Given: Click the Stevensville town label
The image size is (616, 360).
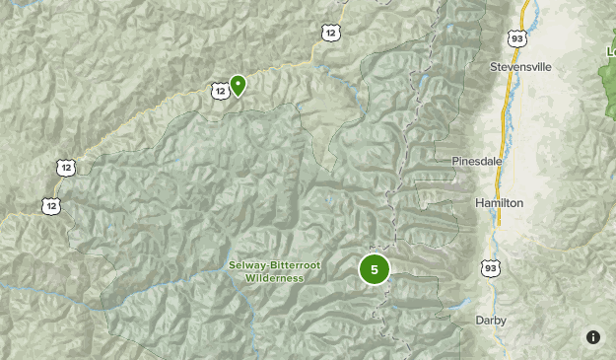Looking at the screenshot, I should (x=520, y=67).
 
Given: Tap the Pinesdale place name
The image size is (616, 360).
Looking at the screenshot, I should (x=477, y=161).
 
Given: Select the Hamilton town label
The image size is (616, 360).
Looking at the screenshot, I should (x=499, y=202).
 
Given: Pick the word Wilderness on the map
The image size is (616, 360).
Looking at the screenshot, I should (x=274, y=278).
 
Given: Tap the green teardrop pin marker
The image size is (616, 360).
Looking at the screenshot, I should (x=238, y=85).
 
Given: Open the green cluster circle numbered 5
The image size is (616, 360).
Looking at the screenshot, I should (x=375, y=269).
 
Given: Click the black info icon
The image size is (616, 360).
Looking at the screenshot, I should (x=593, y=337).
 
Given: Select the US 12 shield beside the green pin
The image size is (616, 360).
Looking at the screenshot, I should (x=219, y=91).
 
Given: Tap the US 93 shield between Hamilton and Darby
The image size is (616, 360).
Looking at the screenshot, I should (x=490, y=267).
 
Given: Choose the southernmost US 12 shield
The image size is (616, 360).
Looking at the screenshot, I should (x=50, y=205).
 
